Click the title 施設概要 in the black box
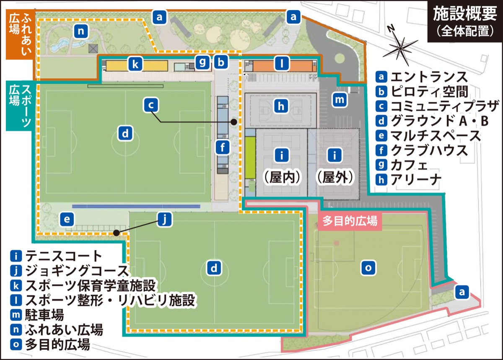464,15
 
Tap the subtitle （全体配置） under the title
464,32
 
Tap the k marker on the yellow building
135,65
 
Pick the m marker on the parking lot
340,100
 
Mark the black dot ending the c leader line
234,122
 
